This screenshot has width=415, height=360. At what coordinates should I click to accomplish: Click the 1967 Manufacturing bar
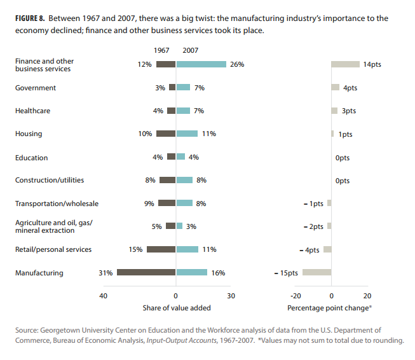[146, 273]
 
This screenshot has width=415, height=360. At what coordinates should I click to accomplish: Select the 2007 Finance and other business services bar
[201, 64]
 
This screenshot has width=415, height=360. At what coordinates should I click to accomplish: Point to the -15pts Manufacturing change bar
[316, 273]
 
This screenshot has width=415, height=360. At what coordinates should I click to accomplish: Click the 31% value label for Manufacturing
[105, 273]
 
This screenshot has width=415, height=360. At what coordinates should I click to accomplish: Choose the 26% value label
[237, 64]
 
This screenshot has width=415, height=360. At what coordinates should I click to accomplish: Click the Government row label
[36, 88]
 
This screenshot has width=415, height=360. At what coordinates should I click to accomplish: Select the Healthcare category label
[32, 111]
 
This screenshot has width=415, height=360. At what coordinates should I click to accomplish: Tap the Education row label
[31, 157]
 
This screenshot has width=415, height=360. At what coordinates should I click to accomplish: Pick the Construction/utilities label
[50, 180]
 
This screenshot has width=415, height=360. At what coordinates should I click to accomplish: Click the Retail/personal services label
[53, 249]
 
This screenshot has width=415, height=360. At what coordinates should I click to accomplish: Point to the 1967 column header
[163, 50]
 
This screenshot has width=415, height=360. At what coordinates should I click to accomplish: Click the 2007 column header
[190, 50]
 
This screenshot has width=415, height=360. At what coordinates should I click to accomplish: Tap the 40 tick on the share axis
[103, 296]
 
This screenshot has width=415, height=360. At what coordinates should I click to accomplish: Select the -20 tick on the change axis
[295, 296]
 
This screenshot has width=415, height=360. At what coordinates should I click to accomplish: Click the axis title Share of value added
[177, 308]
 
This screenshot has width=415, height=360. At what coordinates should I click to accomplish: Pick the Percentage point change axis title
[329, 308]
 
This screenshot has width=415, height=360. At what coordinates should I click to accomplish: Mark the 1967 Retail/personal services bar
[161, 249]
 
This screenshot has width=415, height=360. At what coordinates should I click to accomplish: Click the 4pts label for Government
[350, 88]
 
